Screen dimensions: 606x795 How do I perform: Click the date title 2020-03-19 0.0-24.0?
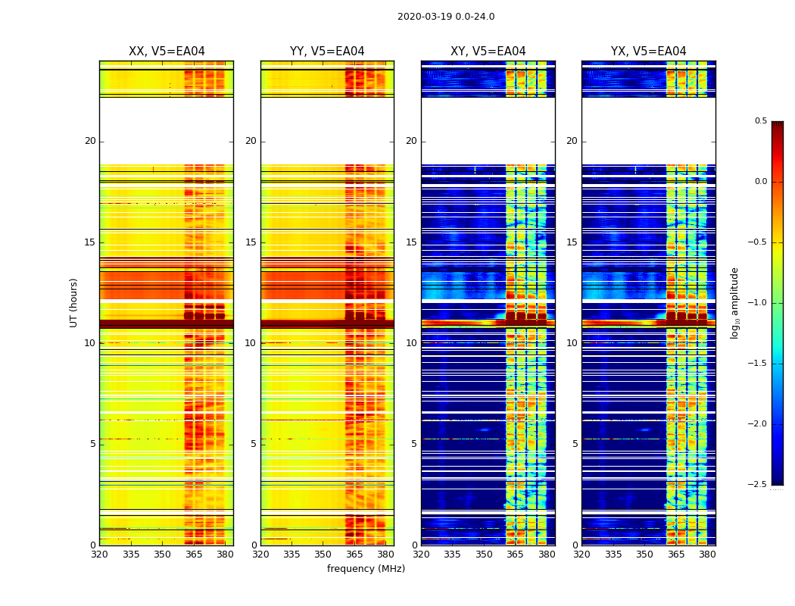tap(445, 17)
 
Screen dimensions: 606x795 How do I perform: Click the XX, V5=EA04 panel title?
tap(167, 52)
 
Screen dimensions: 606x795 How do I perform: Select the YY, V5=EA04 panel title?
tap(327, 52)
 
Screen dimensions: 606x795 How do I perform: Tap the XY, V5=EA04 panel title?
tap(488, 52)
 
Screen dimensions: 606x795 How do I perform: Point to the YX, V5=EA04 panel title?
tap(648, 52)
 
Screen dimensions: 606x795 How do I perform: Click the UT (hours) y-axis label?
tap(73, 302)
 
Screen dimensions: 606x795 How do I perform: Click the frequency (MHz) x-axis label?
tap(366, 569)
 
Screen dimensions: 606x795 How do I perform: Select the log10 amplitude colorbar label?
tap(734, 302)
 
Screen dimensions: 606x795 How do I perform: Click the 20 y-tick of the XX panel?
tap(90, 141)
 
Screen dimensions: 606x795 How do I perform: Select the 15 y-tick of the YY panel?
tap(251, 242)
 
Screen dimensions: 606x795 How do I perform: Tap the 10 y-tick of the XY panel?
tap(411, 343)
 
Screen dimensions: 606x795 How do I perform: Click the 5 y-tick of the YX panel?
tap(575, 444)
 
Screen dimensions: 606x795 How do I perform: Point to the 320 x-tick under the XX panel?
tap(99, 554)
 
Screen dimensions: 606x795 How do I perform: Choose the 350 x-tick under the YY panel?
tap(323, 554)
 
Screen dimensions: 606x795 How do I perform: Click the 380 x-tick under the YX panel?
tap(707, 554)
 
